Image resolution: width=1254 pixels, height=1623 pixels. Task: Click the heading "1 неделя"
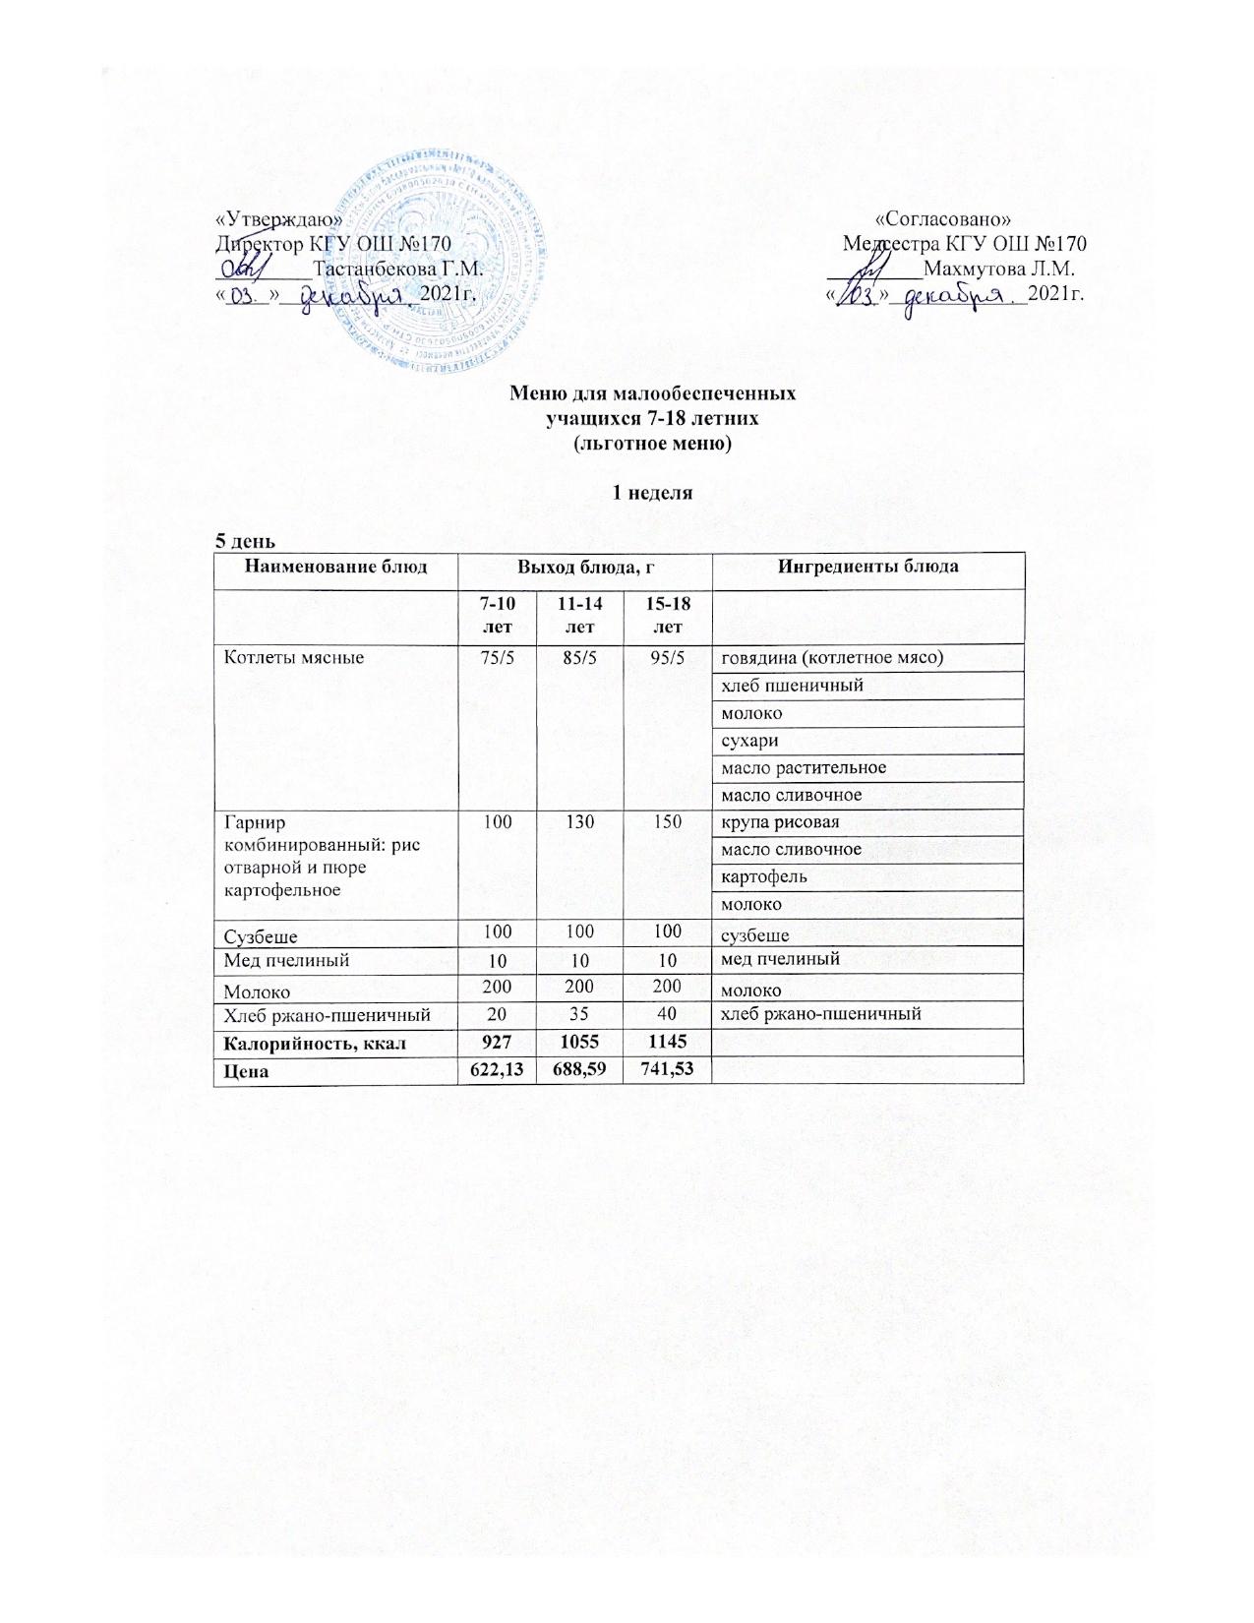point(653,493)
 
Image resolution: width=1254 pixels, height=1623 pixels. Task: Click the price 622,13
point(496,1068)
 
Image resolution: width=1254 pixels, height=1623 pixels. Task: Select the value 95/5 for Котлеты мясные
point(668,657)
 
